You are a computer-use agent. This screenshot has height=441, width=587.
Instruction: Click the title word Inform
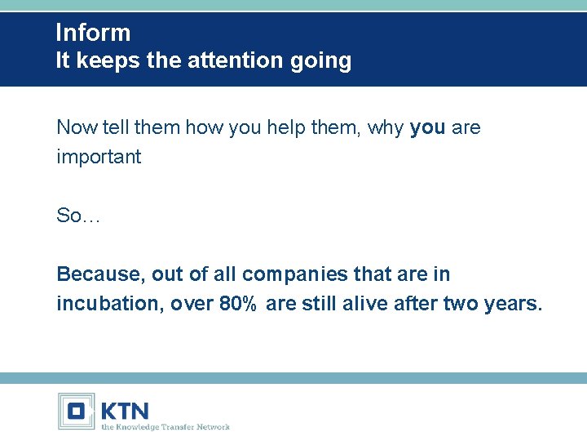pyautogui.click(x=93, y=33)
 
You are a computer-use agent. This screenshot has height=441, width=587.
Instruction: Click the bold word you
pyautogui.click(x=427, y=128)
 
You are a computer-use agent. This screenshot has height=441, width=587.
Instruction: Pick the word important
pyautogui.click(x=99, y=157)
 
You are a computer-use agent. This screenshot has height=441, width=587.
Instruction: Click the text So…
pyautogui.click(x=77, y=216)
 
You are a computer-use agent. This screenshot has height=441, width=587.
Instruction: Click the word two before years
pyautogui.click(x=461, y=304)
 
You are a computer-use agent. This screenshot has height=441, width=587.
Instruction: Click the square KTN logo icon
pyautogui.click(x=77, y=411)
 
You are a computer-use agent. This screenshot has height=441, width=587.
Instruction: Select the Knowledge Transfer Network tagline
pyautogui.click(x=165, y=426)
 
